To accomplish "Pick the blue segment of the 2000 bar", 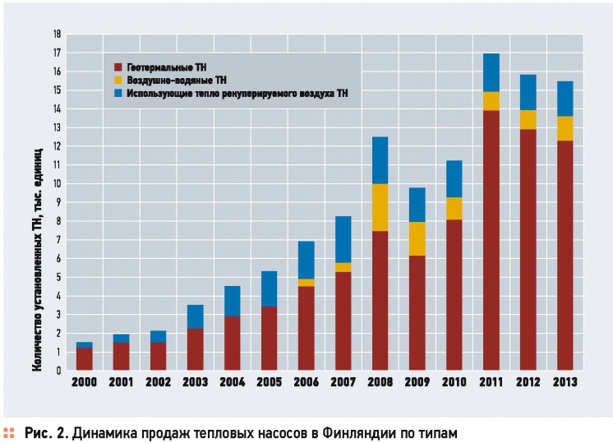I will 84,344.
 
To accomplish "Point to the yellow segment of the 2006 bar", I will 306,283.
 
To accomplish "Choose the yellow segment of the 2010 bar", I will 454,209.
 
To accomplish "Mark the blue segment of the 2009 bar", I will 417,205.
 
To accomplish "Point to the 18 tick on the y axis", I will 57,35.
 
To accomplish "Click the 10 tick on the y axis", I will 57,184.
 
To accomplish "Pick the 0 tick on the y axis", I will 58,371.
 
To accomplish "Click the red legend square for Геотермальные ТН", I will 118,67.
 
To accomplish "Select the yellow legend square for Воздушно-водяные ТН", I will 118,81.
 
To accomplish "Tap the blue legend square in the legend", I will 118,95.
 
